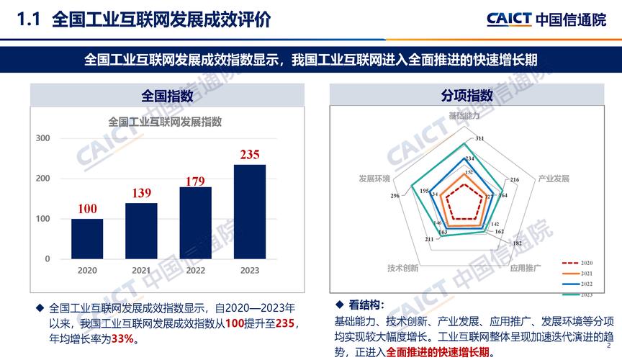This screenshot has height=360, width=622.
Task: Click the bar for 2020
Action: point(87,238)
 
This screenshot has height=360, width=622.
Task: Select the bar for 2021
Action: point(141,230)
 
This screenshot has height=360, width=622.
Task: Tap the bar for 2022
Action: point(195,222)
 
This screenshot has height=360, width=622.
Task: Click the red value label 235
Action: point(250,155)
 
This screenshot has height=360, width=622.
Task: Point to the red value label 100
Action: point(87,209)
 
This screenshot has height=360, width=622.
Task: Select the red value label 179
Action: point(195,180)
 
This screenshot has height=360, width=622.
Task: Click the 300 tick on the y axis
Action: point(43,138)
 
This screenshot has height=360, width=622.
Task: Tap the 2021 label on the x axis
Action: point(141,270)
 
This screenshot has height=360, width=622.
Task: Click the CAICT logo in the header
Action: point(509,19)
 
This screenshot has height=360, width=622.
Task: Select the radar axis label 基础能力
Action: point(464,115)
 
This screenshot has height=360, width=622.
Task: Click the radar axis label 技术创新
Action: point(402,268)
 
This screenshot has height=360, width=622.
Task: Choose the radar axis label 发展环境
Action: point(374,178)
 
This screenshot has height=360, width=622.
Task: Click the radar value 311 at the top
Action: point(479,138)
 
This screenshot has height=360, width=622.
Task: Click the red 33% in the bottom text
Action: point(122,338)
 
